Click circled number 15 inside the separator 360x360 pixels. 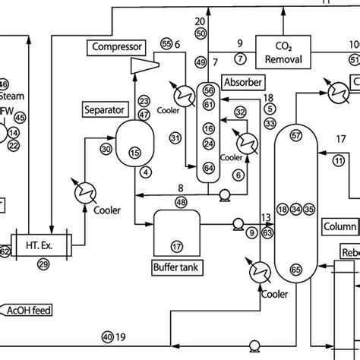tap(135, 153)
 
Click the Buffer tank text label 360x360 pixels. tap(176, 267)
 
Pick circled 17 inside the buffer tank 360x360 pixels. tap(176, 246)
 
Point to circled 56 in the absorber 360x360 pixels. tap(209, 90)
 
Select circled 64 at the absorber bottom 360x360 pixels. tap(209, 167)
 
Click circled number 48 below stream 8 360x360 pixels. tap(181, 202)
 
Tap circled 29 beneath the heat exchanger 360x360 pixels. tap(43, 264)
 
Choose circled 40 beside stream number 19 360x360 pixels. tap(107, 336)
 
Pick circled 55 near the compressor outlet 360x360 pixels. tap(167, 45)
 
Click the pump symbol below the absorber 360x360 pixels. tap(224, 195)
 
